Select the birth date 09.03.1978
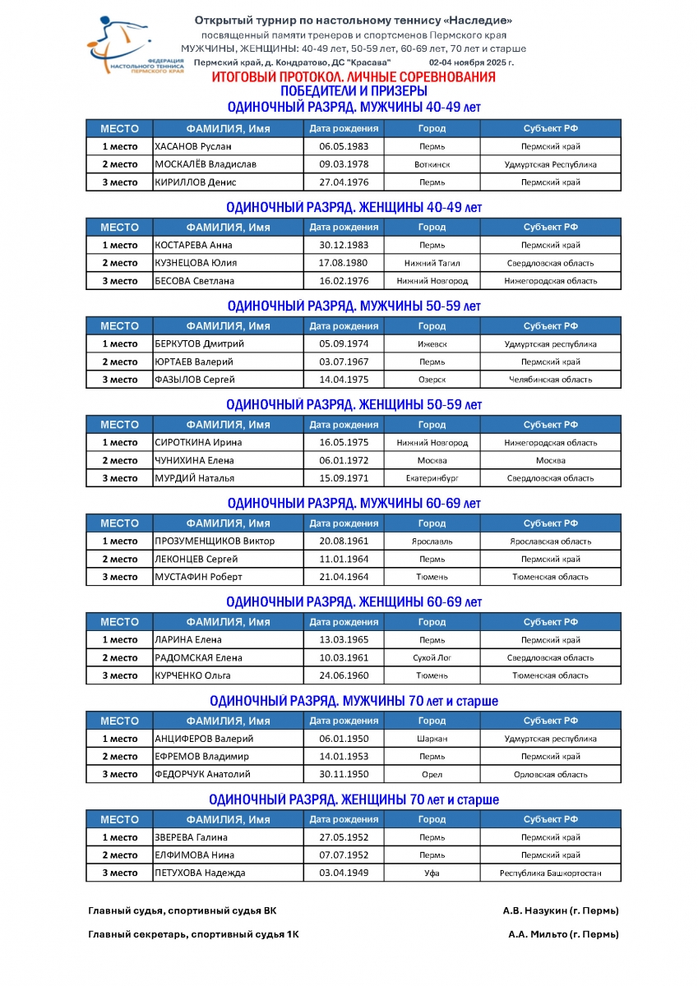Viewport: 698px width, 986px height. point(344,164)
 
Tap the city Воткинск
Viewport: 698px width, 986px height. point(432,164)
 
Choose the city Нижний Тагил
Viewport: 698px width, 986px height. point(432,263)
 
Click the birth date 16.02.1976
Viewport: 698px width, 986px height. point(344,281)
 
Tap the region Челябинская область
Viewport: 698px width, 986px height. point(550,380)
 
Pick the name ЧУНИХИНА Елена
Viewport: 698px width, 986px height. point(194,461)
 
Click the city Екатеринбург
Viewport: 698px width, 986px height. point(432,478)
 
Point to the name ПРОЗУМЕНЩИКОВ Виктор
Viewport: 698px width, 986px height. point(215,541)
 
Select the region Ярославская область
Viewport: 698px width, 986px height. point(550,541)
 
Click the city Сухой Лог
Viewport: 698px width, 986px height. point(432,658)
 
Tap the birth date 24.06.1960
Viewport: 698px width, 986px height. point(344,675)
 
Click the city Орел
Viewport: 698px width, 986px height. point(432,774)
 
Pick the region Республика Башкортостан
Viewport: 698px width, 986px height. point(550,873)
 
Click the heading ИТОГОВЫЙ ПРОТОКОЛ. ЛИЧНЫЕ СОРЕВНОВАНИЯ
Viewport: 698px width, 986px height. point(354,77)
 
